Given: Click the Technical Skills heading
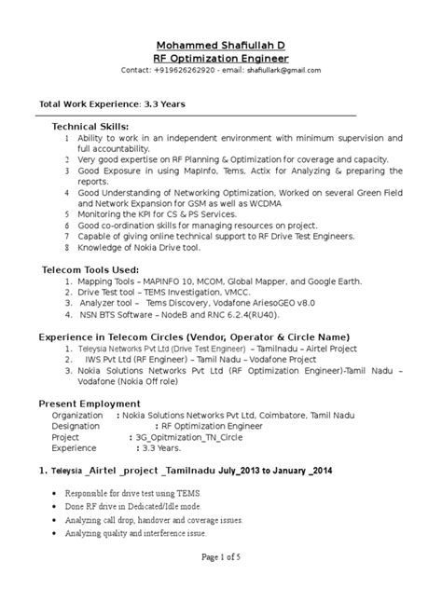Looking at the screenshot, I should click(x=90, y=126).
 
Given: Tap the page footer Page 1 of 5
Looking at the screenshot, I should click(x=220, y=556).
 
